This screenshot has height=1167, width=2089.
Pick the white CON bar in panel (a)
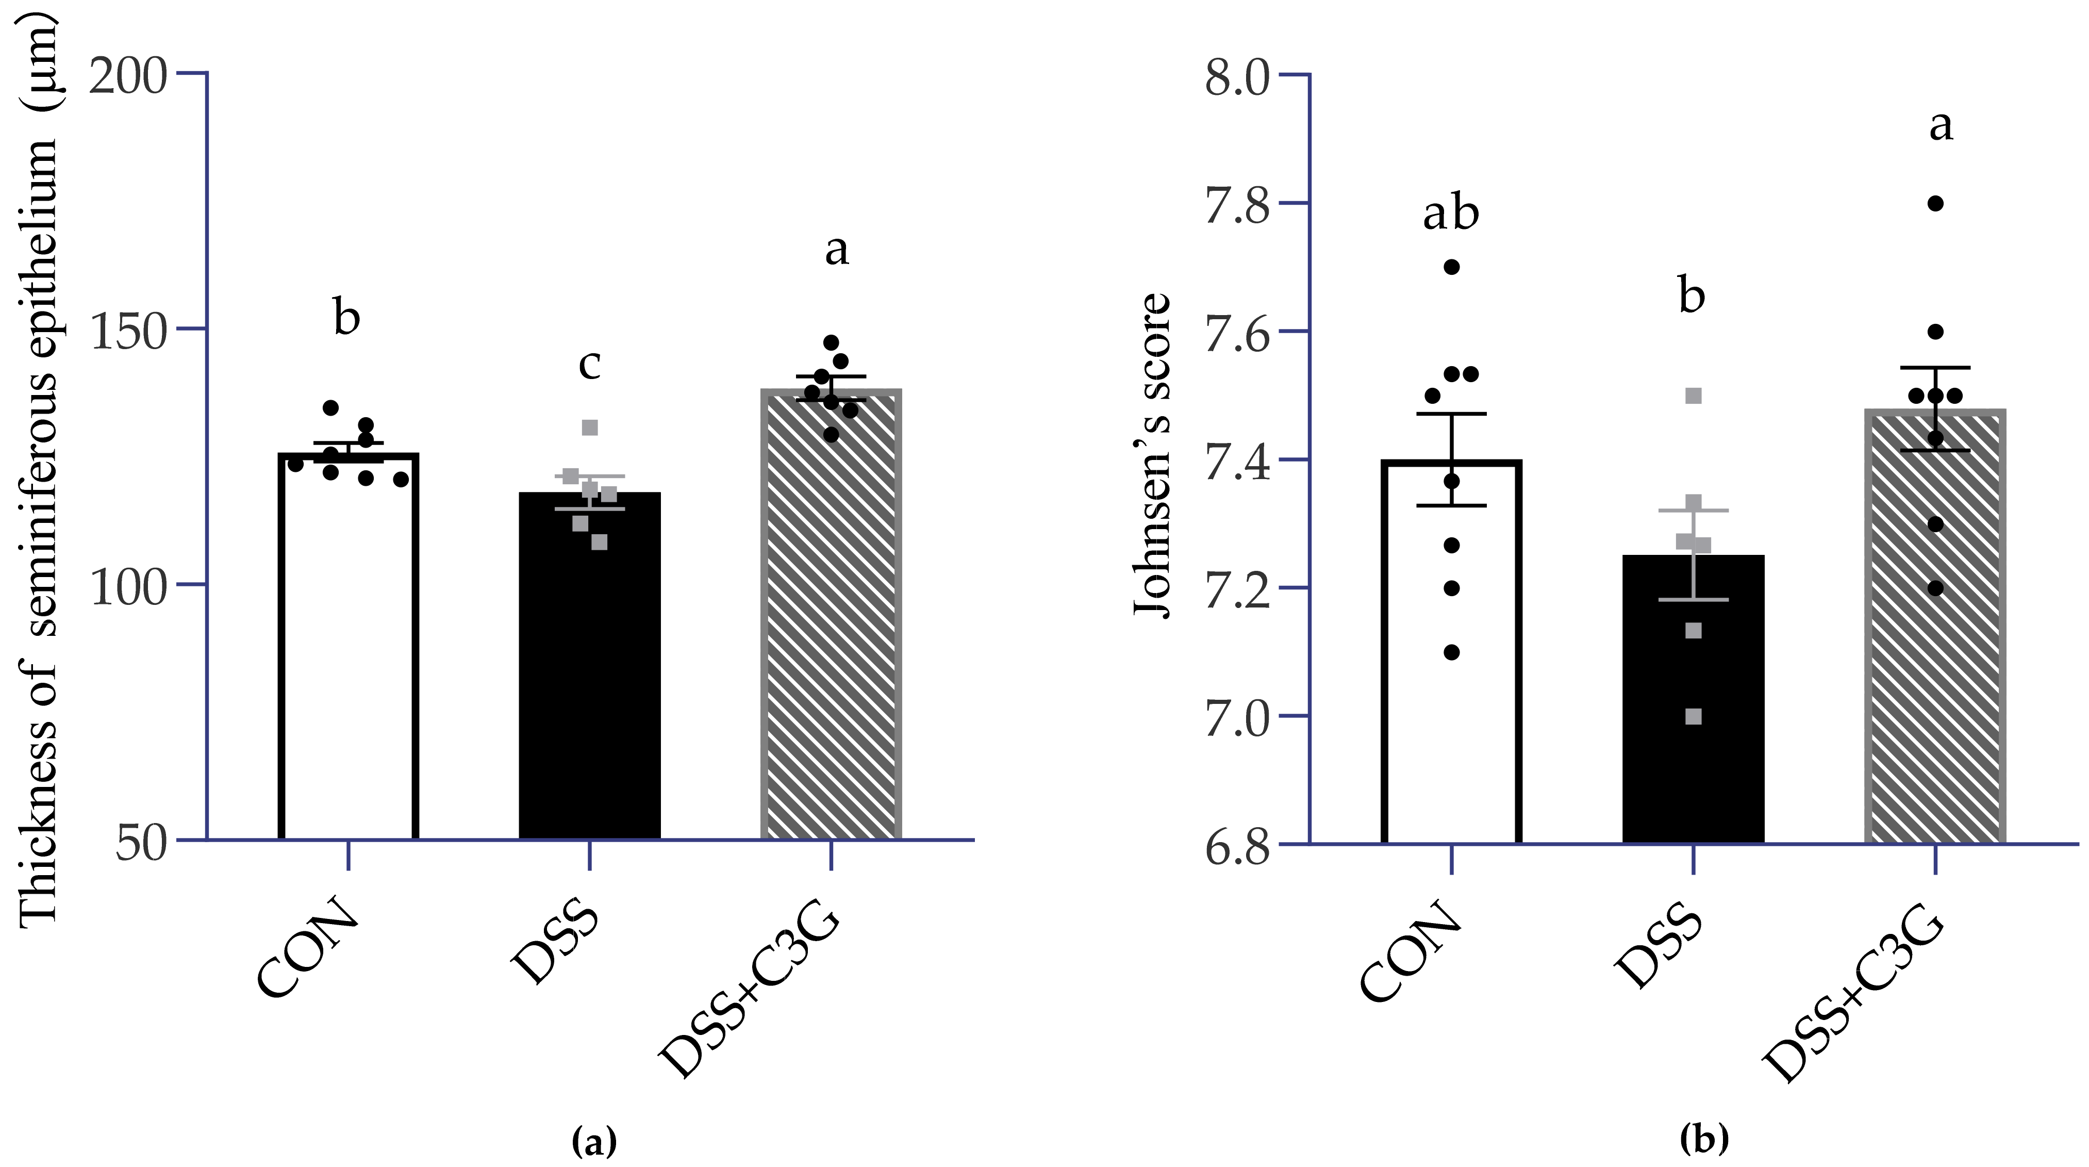point(348,649)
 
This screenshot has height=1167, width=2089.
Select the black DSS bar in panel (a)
point(590,673)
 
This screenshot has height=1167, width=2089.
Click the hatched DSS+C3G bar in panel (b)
point(1934,633)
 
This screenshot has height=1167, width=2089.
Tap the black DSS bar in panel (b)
point(1693,705)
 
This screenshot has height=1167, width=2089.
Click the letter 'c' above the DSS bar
point(590,365)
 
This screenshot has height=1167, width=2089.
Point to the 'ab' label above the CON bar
point(1451,214)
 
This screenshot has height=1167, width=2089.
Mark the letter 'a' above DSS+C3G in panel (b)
point(1941,126)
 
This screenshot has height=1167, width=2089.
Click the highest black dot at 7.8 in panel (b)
point(1936,204)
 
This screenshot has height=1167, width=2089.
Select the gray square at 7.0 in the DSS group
point(1693,717)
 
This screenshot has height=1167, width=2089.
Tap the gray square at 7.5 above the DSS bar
point(1693,396)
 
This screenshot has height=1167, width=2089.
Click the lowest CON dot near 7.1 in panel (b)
point(1452,652)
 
